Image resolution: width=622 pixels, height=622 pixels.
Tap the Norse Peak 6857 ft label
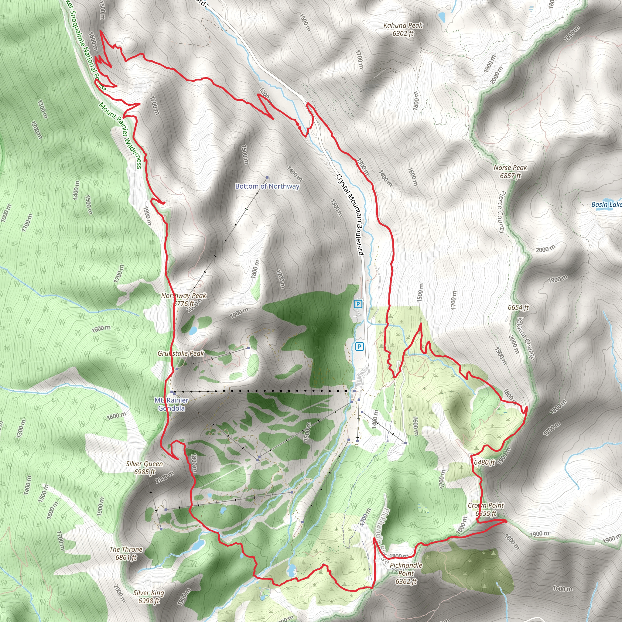510,172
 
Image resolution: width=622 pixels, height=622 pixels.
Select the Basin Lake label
606,204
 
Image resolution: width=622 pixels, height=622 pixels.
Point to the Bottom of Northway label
267,186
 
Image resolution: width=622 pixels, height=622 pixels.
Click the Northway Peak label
183,299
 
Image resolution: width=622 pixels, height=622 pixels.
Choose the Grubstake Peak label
181,353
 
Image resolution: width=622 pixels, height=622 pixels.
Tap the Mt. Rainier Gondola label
172,404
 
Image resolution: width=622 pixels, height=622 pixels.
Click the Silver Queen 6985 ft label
145,468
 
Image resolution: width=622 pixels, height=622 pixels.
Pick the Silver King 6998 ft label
149,597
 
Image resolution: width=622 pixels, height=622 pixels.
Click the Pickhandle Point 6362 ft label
406,573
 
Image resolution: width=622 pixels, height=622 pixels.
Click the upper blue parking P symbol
358,304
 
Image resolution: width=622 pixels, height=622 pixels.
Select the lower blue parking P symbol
359,347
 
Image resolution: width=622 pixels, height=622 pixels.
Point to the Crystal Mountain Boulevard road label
350,215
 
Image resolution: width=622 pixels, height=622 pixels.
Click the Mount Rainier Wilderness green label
120,135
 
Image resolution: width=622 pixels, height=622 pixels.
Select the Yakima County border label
525,338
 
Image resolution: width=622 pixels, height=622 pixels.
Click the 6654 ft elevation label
518,307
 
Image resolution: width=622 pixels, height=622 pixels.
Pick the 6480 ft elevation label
484,463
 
